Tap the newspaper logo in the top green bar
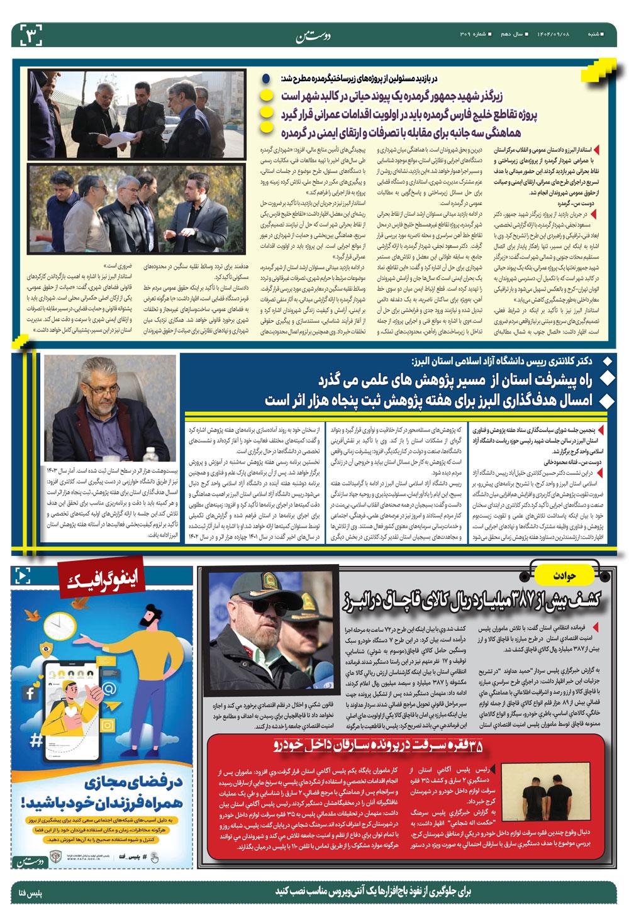coord(313,35)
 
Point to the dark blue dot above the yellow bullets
coord(267,79)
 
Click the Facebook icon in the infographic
coord(30,694)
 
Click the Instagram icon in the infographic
coord(108,725)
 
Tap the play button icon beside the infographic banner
coord(22,575)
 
